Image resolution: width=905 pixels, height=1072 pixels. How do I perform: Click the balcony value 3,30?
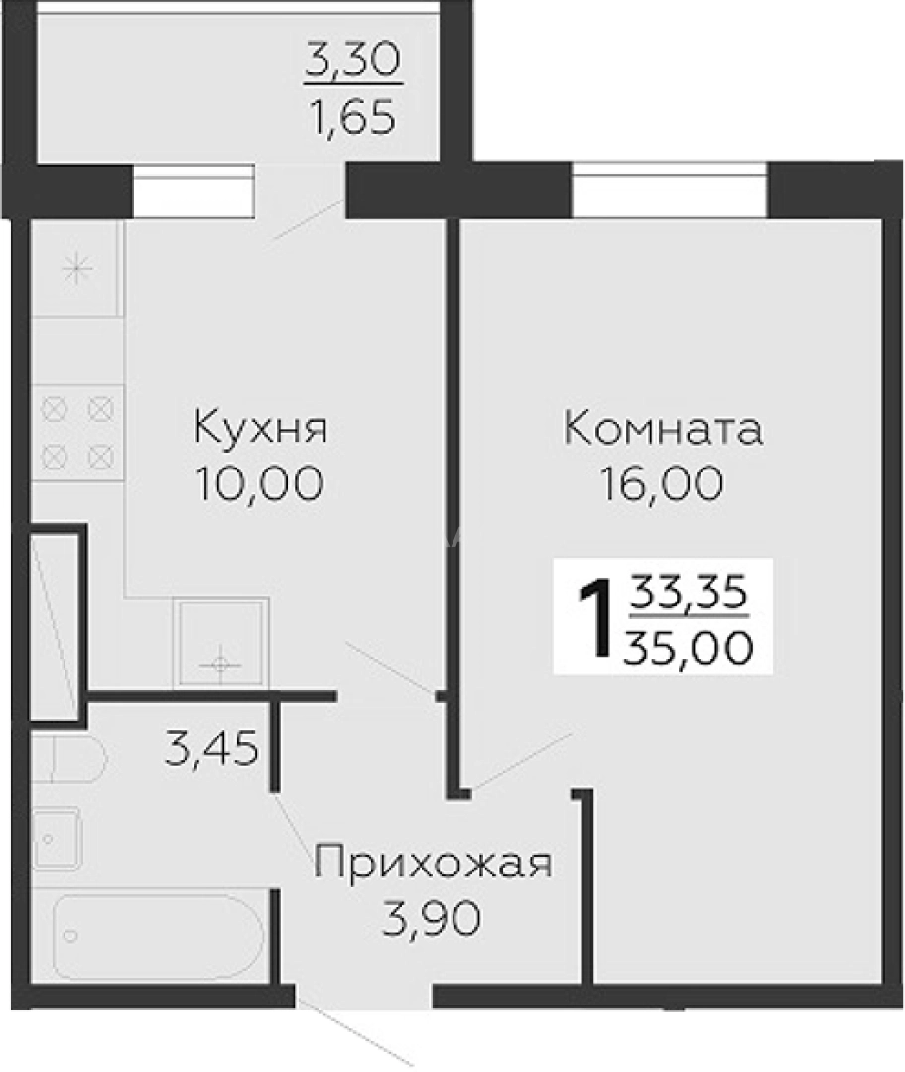coord(352,63)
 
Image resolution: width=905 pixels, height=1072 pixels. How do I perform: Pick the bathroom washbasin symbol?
coord(56,836)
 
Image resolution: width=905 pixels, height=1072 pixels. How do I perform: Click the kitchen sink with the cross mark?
coord(220,642)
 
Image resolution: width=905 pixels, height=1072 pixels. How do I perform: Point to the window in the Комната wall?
coord(670,190)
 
